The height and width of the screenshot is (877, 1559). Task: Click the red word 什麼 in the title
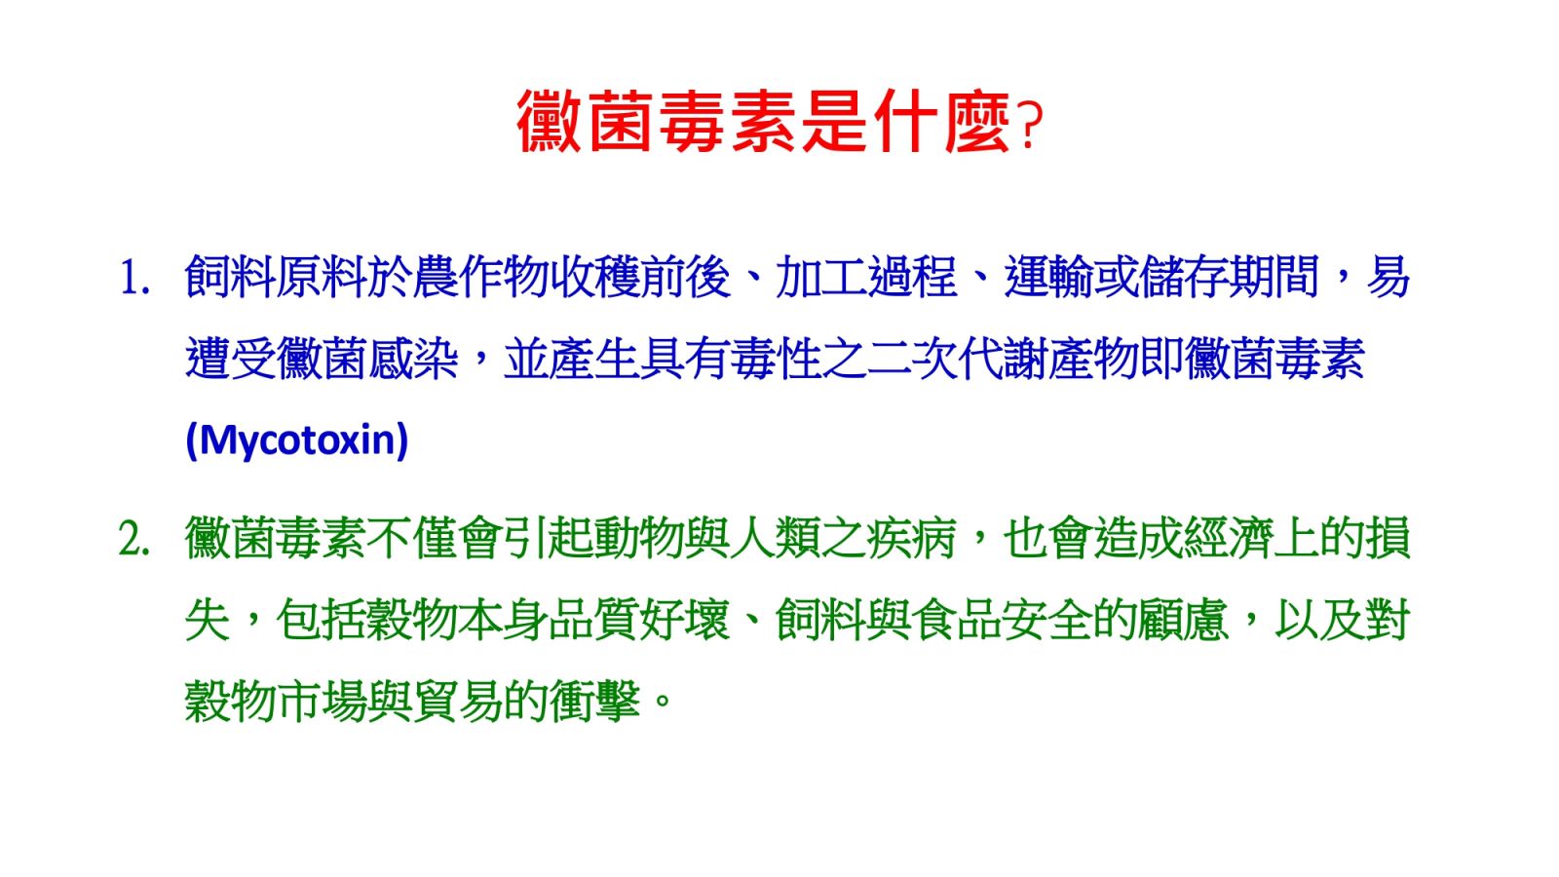point(942,122)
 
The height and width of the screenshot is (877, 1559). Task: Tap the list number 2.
point(134,540)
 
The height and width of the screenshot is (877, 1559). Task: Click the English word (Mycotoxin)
point(296,440)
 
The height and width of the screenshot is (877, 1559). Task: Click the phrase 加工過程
point(866,277)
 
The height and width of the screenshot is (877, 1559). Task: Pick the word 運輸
point(1048,277)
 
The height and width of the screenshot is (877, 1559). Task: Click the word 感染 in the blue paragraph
point(413,360)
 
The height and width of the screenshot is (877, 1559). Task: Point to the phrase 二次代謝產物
point(1003,360)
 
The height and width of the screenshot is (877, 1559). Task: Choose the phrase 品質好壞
point(639,620)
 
